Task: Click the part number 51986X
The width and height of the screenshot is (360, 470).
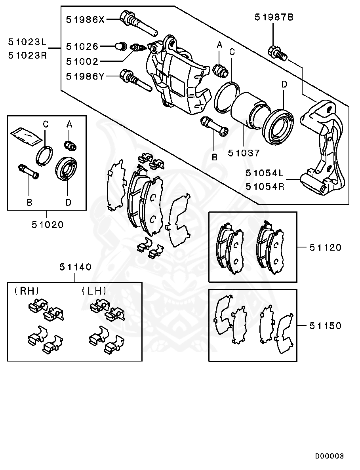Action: pyautogui.click(x=85, y=19)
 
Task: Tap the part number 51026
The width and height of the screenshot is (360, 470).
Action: pyautogui.click(x=82, y=47)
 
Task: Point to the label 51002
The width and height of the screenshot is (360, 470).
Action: pyautogui.click(x=82, y=61)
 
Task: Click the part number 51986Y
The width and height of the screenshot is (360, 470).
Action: pyautogui.click(x=85, y=76)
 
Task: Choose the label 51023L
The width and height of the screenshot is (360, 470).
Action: pyautogui.click(x=27, y=41)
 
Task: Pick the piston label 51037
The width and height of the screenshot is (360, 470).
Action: pyautogui.click(x=244, y=152)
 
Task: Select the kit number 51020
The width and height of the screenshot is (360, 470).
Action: pyautogui.click(x=48, y=225)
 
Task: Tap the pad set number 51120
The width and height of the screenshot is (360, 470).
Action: pyautogui.click(x=325, y=247)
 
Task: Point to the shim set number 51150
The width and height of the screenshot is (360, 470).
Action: pyautogui.click(x=325, y=326)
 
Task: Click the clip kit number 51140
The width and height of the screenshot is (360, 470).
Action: pyautogui.click(x=76, y=267)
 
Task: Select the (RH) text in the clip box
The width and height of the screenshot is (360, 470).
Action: pyautogui.click(x=27, y=291)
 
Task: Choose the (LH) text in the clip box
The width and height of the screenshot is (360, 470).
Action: pyautogui.click(x=94, y=291)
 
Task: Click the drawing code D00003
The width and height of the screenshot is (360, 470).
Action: pyautogui.click(x=329, y=456)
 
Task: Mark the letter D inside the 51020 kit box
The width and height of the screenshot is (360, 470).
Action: pyautogui.click(x=68, y=202)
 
